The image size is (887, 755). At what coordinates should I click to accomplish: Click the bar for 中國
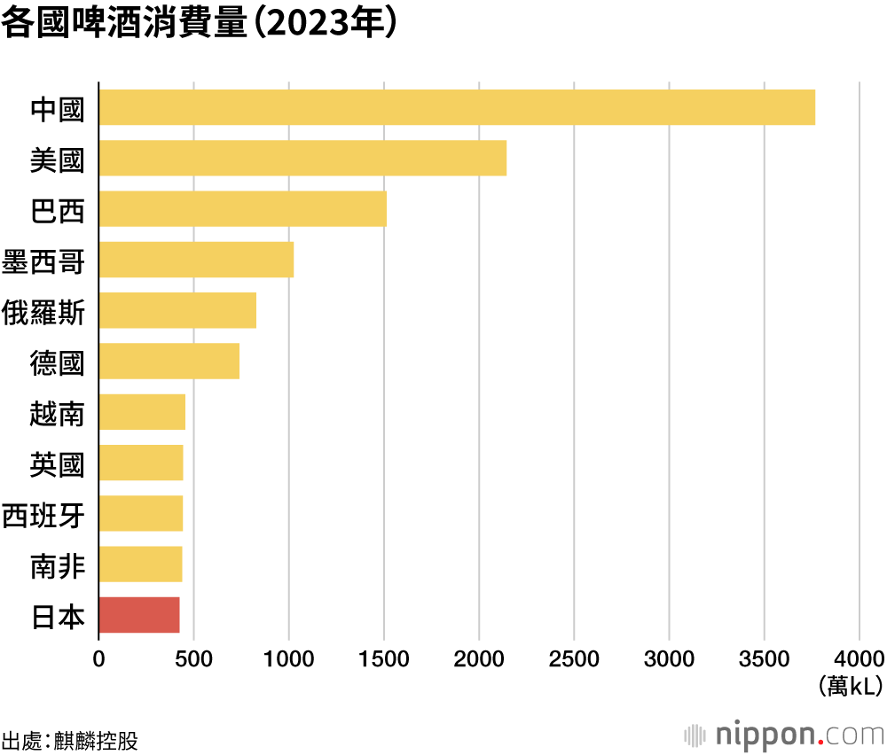[x=457, y=107]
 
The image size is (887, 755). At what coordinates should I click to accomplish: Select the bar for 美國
[x=302, y=158]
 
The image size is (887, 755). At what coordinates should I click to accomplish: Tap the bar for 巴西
[x=242, y=209]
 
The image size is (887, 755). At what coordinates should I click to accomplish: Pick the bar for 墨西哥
[x=196, y=260]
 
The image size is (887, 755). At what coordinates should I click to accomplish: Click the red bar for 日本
[x=139, y=615]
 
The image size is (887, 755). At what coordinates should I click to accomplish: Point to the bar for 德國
[x=169, y=362]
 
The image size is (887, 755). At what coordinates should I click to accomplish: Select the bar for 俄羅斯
[x=177, y=310]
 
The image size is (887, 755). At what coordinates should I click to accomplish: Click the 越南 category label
[x=57, y=413]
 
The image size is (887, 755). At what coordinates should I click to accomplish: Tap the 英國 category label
[x=57, y=463]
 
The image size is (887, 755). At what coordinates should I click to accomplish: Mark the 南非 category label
[x=57, y=565]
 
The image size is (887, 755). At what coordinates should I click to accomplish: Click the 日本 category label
[x=57, y=616]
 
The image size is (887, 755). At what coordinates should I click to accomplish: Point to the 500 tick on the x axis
[x=193, y=659]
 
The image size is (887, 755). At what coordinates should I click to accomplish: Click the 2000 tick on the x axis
[x=479, y=659]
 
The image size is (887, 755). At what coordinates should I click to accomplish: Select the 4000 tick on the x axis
[x=859, y=659]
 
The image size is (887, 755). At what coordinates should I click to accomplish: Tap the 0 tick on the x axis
[x=99, y=659]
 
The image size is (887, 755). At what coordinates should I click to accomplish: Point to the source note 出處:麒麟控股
[x=70, y=739]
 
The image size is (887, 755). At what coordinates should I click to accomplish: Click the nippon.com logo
[x=785, y=735]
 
